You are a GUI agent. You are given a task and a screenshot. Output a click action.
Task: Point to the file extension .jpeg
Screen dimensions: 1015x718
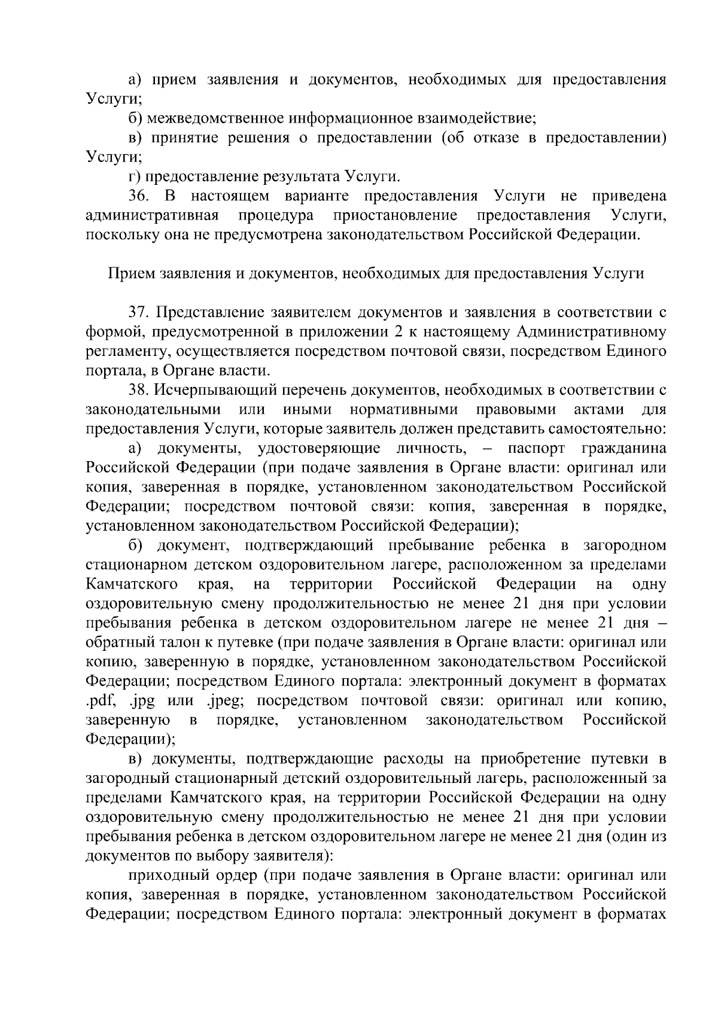click(223, 700)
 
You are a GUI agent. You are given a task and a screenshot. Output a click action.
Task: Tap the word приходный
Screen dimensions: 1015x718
click(169, 875)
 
